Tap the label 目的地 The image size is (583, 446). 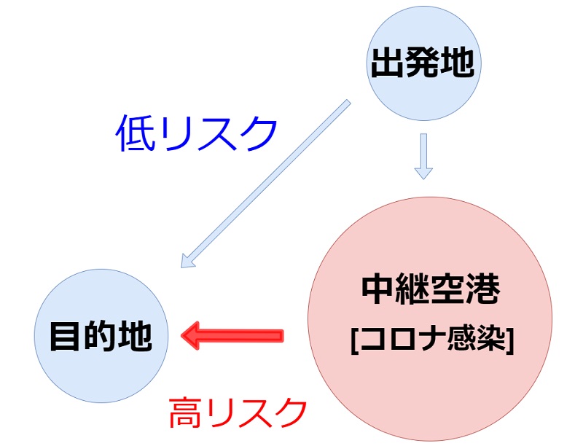[101, 336]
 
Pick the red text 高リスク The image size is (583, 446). [238, 414]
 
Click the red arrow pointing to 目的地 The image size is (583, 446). [233, 335]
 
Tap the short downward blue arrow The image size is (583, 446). [423, 154]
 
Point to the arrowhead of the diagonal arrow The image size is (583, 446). [188, 259]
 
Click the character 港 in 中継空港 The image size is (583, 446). [483, 290]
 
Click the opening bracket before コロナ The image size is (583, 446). [353, 339]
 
